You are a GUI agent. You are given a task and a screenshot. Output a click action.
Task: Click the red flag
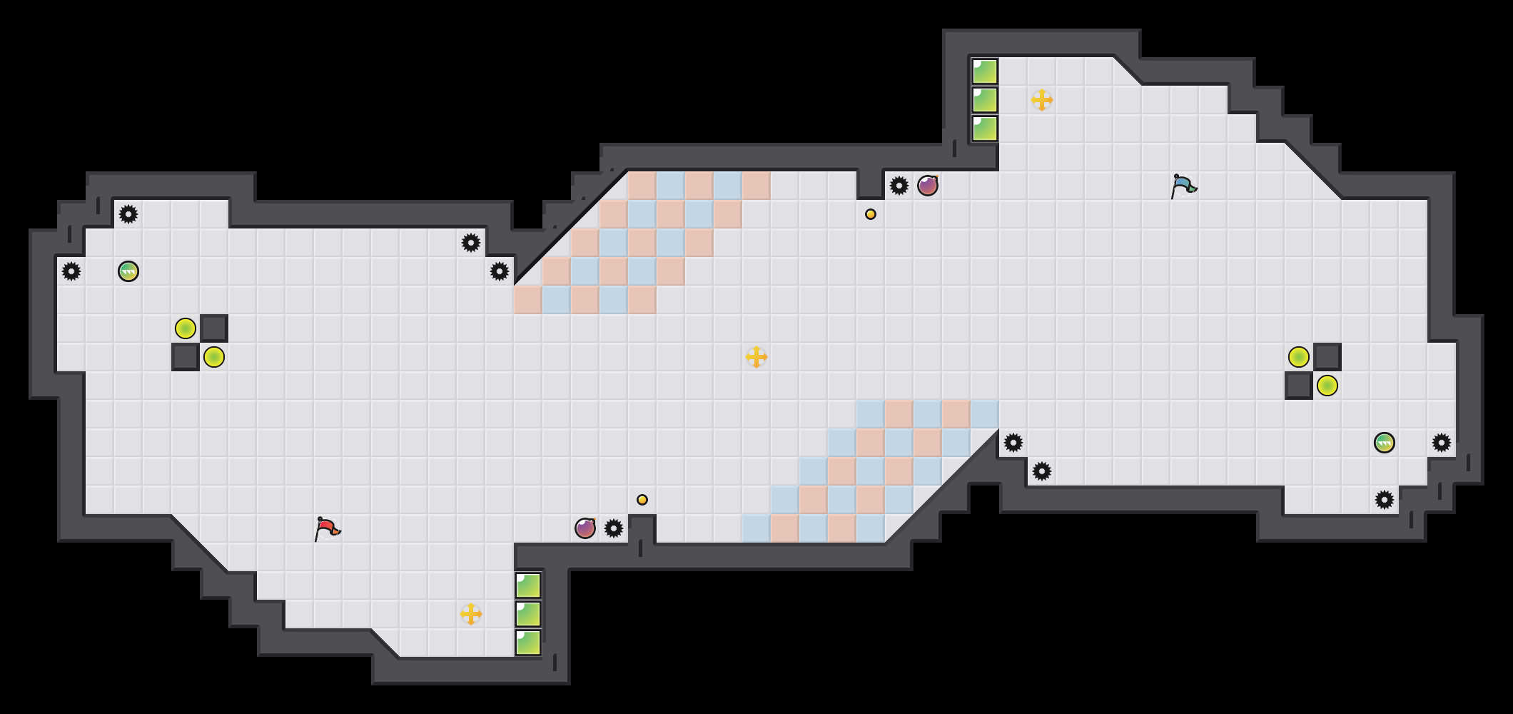tap(327, 528)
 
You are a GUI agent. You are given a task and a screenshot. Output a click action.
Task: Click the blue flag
tap(1183, 186)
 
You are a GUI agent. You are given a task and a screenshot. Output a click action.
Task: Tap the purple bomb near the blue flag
tap(928, 186)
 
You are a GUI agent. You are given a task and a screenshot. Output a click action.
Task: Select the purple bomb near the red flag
tap(585, 528)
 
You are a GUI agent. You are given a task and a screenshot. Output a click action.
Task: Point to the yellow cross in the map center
tap(756, 357)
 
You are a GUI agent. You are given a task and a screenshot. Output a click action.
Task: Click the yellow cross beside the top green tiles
tap(1042, 100)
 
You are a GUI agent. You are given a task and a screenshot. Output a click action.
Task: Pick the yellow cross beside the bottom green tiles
tap(471, 614)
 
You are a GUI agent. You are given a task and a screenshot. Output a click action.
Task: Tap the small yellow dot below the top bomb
tap(871, 214)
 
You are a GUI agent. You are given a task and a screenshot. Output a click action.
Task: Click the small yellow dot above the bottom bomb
tap(642, 500)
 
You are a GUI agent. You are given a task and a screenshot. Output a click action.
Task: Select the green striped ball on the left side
tap(128, 271)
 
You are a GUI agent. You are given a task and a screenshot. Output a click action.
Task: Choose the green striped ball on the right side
tap(1385, 443)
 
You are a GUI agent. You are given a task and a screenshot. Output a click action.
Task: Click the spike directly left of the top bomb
tap(899, 186)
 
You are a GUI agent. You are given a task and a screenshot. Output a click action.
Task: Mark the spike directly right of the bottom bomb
tap(614, 528)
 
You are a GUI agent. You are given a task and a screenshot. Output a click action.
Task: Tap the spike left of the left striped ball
tap(71, 271)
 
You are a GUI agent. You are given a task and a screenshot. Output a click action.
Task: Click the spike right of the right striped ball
tap(1442, 443)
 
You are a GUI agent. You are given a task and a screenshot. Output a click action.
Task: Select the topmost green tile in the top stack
tap(985, 71)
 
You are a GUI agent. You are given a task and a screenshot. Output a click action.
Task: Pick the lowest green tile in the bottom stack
tap(528, 643)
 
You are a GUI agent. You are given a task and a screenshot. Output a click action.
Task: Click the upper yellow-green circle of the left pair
tap(186, 328)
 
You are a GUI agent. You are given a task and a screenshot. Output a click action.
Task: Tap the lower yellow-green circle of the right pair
tap(1327, 386)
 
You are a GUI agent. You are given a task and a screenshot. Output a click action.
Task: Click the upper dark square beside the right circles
tap(1327, 357)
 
